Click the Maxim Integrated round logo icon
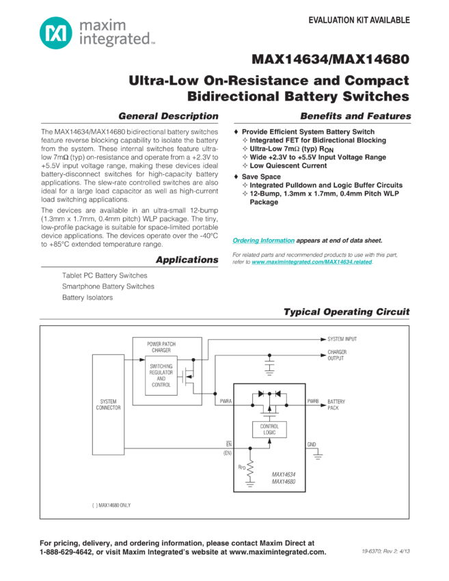[x=53, y=32]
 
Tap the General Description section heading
[x=168, y=116]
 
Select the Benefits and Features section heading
[x=355, y=116]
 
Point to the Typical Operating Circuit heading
[x=347, y=312]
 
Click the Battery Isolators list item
[x=85, y=297]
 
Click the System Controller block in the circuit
[x=109, y=403]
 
